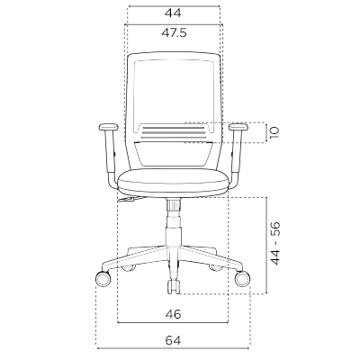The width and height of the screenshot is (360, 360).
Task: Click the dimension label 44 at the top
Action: click(x=173, y=13)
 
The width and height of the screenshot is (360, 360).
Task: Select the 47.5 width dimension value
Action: click(x=174, y=32)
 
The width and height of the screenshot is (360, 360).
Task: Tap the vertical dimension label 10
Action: click(x=274, y=132)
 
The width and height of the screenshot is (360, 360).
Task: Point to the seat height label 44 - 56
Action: click(x=275, y=243)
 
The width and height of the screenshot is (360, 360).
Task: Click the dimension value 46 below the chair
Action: click(x=173, y=314)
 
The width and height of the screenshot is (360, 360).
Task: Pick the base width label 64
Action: click(x=173, y=340)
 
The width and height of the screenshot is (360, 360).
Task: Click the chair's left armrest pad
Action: click(x=108, y=127)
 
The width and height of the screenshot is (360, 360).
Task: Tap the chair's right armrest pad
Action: click(x=238, y=127)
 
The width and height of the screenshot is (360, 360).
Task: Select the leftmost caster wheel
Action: click(x=103, y=278)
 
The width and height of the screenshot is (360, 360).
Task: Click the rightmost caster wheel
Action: click(x=242, y=278)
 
